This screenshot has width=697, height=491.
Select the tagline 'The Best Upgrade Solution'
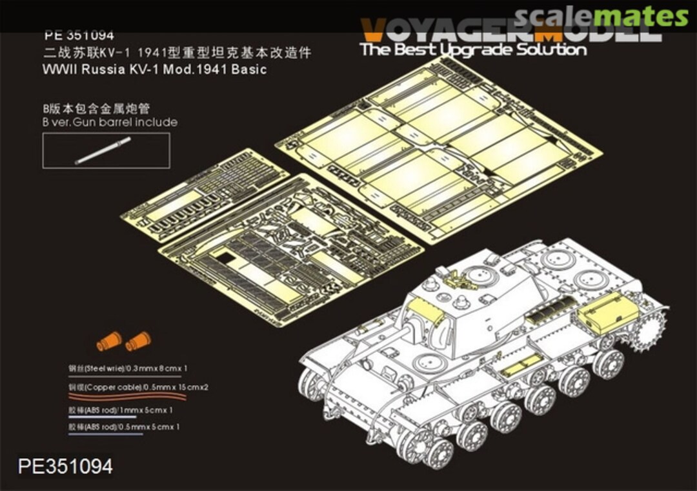473,50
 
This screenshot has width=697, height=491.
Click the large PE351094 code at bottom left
66,466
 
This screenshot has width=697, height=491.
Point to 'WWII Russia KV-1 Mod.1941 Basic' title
154,70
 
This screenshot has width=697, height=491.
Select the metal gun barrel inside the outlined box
103,150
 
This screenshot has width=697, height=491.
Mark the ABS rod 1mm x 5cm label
121,410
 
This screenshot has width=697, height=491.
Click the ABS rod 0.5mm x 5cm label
123,427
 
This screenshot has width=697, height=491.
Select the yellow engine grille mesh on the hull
549,309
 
